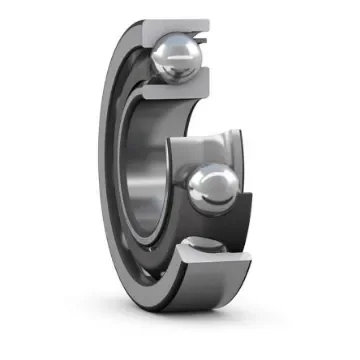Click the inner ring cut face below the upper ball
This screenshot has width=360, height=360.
(x=166, y=91)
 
